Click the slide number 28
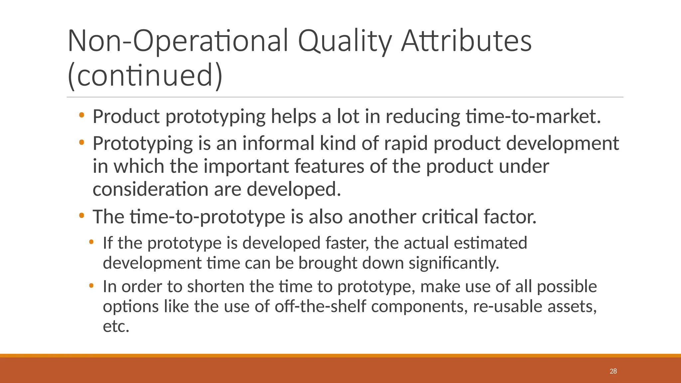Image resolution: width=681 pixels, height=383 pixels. point(613,371)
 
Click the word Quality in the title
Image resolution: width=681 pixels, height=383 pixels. point(345,41)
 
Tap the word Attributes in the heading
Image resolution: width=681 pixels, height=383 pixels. point(466,41)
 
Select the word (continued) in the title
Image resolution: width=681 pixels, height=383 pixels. point(145,75)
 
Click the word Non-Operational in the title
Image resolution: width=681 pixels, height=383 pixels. point(178,41)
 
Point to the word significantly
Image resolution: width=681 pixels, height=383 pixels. point(454,263)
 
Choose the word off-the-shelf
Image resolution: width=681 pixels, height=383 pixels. point(320,306)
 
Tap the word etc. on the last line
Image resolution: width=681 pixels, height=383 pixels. point(116,326)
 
